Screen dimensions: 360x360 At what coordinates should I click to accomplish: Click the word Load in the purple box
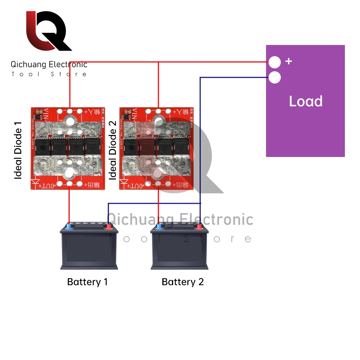pyautogui.click(x=305, y=102)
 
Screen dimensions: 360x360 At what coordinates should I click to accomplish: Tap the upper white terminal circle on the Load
pyautogui.click(x=275, y=62)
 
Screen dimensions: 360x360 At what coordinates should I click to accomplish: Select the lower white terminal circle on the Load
pyautogui.click(x=275, y=77)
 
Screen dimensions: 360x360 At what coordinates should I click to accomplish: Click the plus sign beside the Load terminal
pyautogui.click(x=288, y=61)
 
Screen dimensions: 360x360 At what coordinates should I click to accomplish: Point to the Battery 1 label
pyautogui.click(x=87, y=282)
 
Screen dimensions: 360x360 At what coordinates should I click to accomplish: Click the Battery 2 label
pyautogui.click(x=183, y=282)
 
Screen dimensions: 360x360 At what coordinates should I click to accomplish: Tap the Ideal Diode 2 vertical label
pyautogui.click(x=113, y=150)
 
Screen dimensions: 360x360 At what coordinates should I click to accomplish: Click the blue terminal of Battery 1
pyautogui.click(x=69, y=227)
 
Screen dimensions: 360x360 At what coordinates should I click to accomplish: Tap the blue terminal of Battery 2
pyautogui.click(x=158, y=227)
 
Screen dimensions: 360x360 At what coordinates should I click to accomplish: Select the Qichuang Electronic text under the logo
pyautogui.click(x=49, y=65)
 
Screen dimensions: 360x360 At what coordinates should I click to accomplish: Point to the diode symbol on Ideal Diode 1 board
pyautogui.click(x=37, y=184)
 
